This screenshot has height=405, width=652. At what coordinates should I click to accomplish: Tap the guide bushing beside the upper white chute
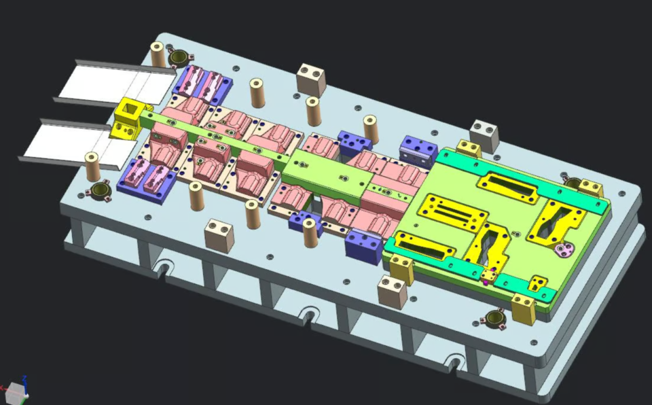click(179, 57)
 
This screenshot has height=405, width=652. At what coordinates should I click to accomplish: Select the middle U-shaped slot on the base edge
click(309, 315)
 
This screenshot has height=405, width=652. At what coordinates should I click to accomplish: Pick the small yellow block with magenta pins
click(487, 275)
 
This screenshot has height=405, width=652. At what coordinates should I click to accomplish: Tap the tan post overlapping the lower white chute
click(92, 165)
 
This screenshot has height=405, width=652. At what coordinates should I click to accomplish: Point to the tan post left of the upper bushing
click(158, 54)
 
